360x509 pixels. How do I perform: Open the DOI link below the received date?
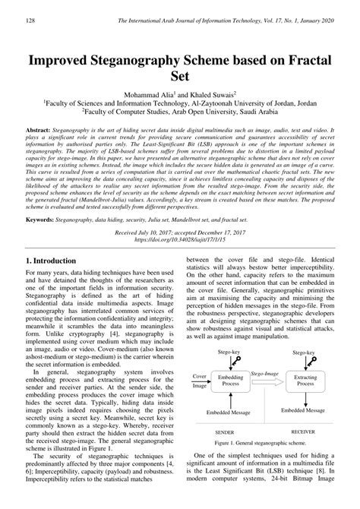tap(179, 239)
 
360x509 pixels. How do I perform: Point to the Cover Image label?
tap(199, 380)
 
